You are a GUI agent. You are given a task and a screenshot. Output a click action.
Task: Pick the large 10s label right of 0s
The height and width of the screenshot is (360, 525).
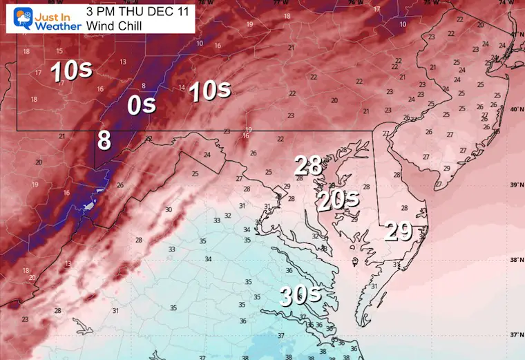[209, 91]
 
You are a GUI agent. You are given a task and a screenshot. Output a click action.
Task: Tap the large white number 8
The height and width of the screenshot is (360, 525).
[104, 140]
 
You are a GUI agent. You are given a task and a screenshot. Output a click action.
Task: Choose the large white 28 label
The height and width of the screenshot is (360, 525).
[308, 166]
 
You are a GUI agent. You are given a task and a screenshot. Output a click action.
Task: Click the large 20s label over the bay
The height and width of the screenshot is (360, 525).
[338, 200]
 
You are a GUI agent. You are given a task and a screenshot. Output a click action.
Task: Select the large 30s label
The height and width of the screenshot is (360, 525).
[300, 296]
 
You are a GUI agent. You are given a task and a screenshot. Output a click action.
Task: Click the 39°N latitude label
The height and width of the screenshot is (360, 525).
[514, 185]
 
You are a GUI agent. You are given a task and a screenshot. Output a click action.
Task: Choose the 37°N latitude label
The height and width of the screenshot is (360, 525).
[514, 336]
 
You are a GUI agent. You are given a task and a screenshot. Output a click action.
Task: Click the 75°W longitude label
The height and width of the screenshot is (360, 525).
[431, 3]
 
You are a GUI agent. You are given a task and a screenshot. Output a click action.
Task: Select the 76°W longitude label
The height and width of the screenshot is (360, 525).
[354, 3]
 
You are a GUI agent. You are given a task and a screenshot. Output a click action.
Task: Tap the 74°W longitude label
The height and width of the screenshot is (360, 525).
[511, 3]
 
